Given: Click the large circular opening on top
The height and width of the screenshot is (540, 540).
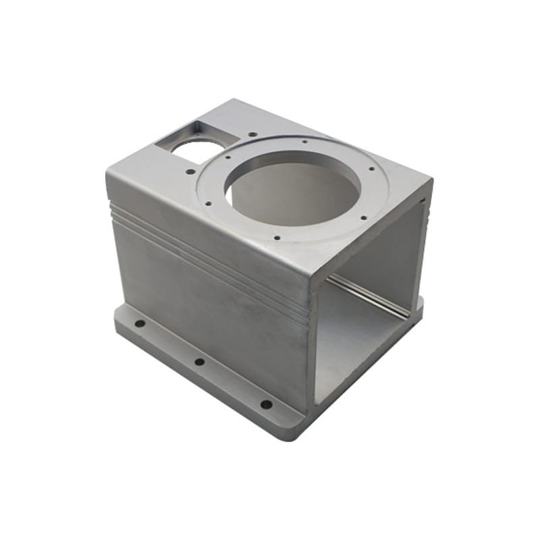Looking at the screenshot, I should (x=294, y=186).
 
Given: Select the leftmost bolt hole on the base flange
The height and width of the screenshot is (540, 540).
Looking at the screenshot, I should (x=140, y=323).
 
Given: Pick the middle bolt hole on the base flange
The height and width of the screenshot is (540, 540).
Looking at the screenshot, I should (x=200, y=362).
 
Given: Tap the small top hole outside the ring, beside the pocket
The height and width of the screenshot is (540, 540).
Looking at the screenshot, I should (x=252, y=134).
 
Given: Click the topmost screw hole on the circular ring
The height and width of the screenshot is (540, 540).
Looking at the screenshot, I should (x=306, y=142).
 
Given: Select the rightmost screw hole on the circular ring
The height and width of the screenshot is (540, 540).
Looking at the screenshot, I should (x=371, y=169).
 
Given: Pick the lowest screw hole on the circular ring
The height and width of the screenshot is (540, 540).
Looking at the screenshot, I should (x=277, y=237).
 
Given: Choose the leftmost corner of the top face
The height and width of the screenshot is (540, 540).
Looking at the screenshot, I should (x=108, y=172).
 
